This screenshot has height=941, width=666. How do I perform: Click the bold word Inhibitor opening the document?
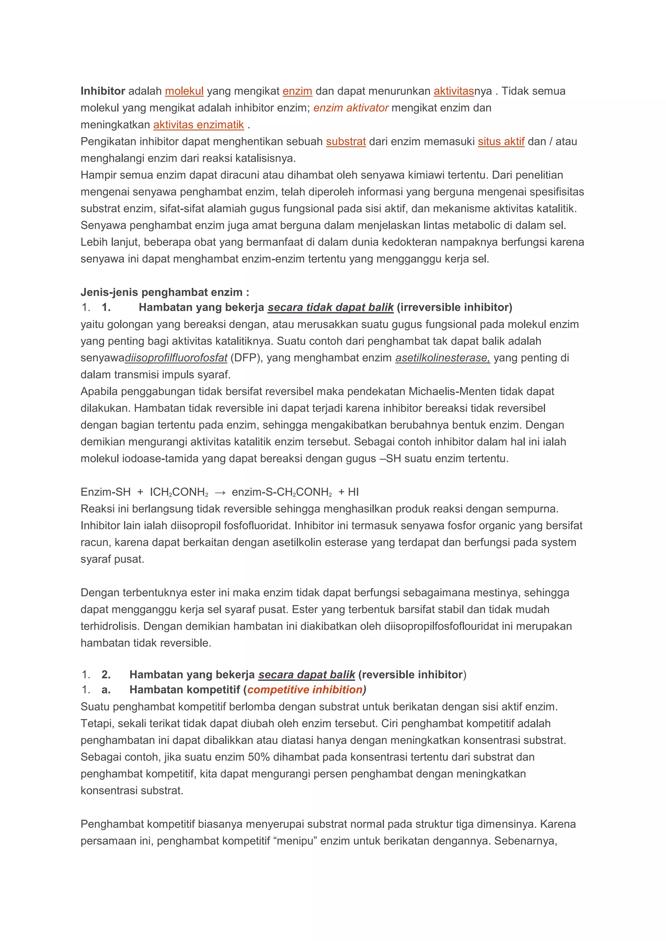click(102, 91)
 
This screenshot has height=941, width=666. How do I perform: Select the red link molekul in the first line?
click(184, 91)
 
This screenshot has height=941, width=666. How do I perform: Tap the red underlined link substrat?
click(346, 141)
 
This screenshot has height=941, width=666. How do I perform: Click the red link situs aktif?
click(501, 141)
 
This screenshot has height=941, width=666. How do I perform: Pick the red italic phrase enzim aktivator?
click(351, 108)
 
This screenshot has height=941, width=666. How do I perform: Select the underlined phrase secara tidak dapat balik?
click(330, 307)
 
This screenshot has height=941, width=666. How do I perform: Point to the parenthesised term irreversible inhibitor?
click(454, 307)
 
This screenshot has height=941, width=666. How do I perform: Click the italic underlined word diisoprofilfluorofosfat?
click(176, 358)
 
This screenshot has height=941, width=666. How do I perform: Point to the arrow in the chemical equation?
click(220, 492)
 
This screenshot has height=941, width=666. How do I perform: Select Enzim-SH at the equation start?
click(105, 492)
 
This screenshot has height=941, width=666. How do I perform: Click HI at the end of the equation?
click(353, 492)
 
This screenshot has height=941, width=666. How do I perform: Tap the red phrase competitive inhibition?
click(305, 690)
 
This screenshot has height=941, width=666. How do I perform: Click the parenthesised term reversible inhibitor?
click(412, 675)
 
